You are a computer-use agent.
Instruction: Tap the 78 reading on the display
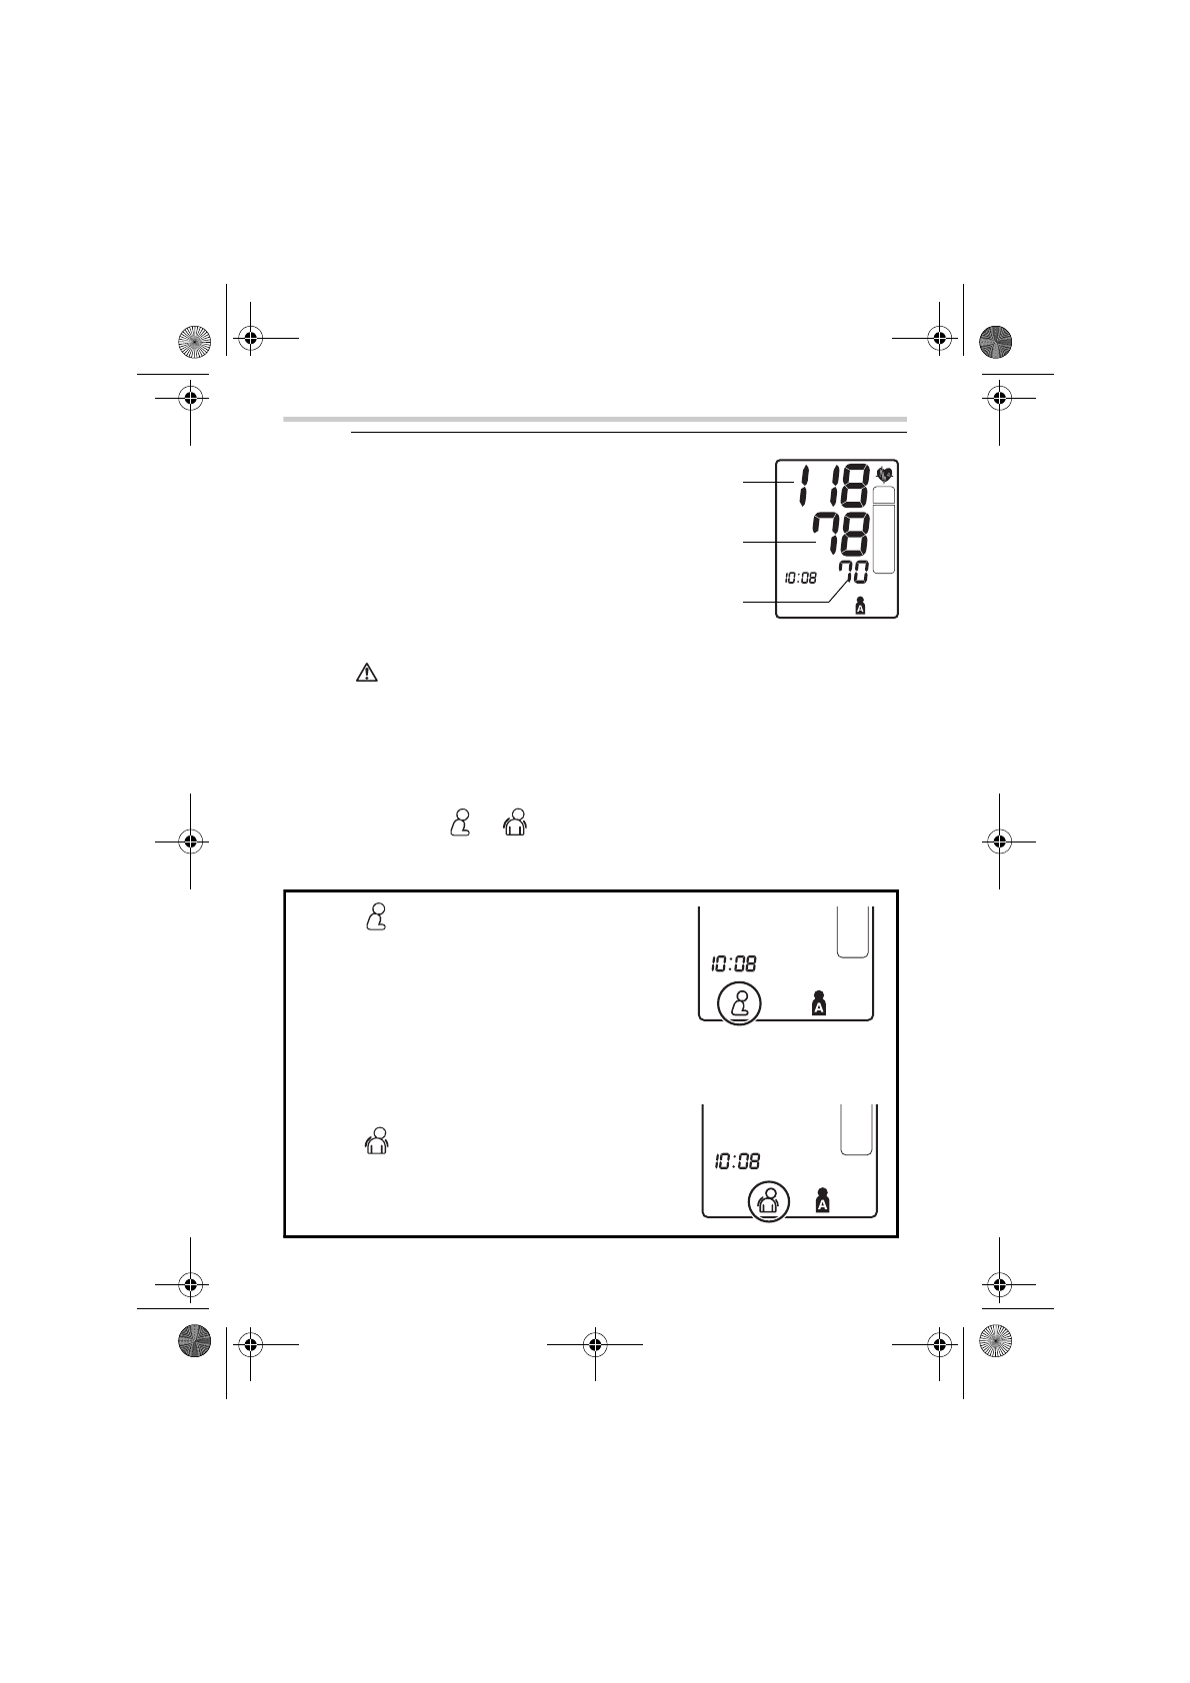[x=841, y=535]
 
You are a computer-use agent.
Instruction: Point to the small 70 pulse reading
[x=854, y=573]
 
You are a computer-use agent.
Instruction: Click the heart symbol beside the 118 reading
[x=885, y=474]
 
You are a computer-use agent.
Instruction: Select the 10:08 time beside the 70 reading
[x=800, y=578]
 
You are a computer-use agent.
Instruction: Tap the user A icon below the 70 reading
[x=860, y=606]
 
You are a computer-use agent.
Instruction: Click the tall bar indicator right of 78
[x=884, y=530]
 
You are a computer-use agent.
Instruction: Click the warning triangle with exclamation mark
[x=366, y=673]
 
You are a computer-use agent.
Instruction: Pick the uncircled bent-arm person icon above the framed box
[x=460, y=822]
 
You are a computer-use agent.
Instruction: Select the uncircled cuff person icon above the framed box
[x=515, y=822]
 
